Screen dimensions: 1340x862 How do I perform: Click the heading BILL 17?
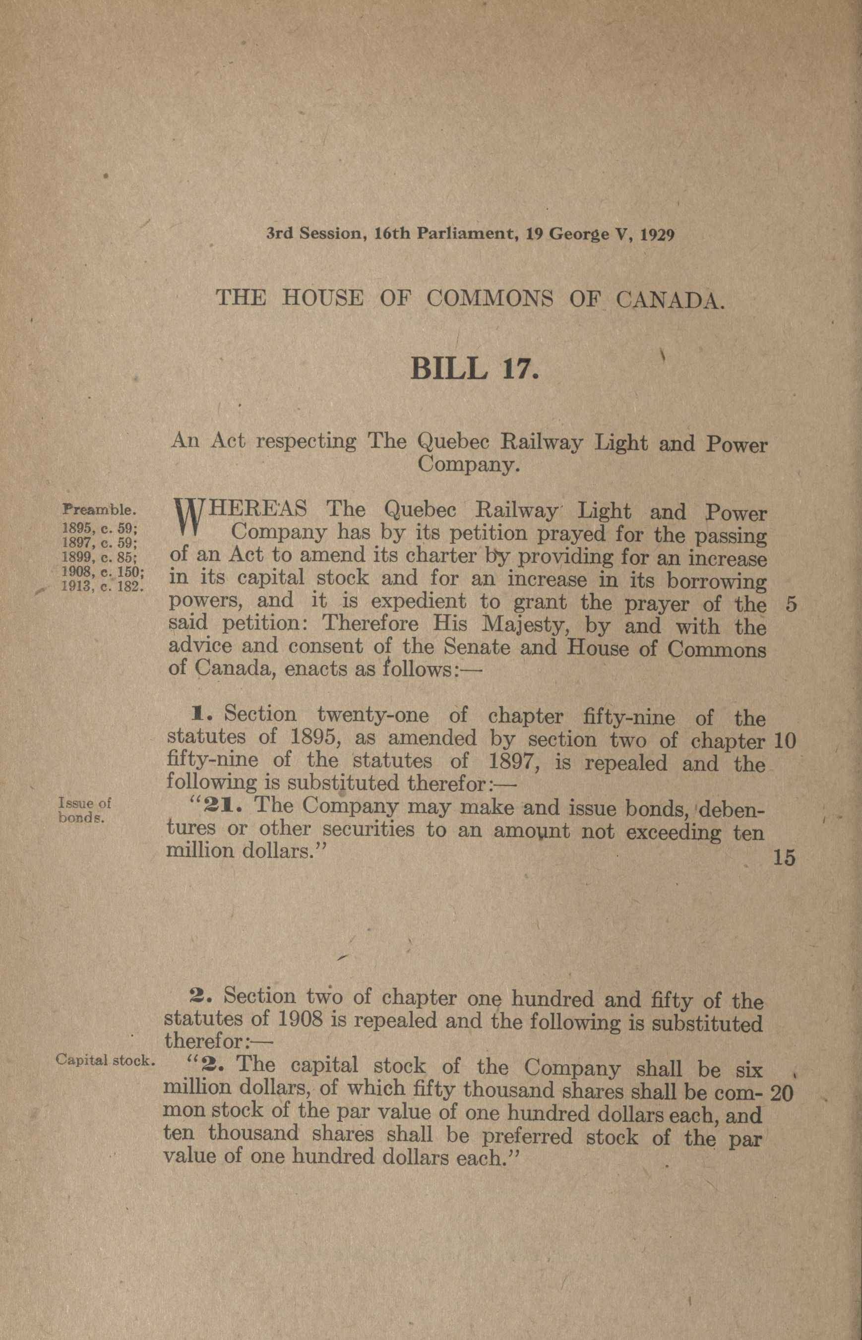[474, 370]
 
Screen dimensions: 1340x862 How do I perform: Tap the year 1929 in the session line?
[657, 235]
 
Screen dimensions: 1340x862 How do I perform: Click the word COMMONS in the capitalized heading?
[491, 299]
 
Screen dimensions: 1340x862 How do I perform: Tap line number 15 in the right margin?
[785, 858]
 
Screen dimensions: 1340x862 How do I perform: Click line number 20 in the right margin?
[782, 1093]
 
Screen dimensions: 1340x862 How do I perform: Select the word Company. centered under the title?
[466, 465]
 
